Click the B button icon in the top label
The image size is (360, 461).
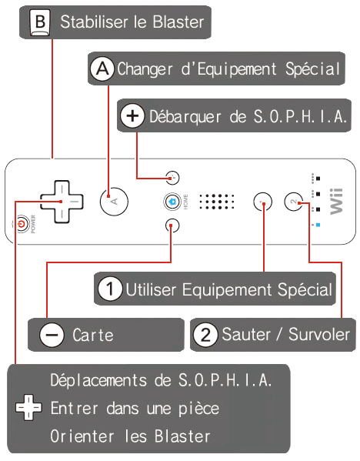[x=40, y=22]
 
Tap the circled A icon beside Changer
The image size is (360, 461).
[x=102, y=69]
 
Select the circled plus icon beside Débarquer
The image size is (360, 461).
[x=132, y=116]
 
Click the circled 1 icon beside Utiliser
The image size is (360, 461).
[x=110, y=289]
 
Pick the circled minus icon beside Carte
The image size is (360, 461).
[x=52, y=335]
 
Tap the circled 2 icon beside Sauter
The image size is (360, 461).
[x=205, y=335]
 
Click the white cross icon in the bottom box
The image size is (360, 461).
[x=28, y=407]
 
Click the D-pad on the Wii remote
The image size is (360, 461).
[x=62, y=202]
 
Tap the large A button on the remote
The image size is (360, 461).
[x=114, y=202]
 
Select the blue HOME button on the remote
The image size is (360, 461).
[x=172, y=202]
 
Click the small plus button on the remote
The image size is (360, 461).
[x=172, y=178]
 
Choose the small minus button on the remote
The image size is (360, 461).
[x=172, y=225]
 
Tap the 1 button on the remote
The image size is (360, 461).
[x=263, y=202]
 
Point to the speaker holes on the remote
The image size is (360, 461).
[x=217, y=202]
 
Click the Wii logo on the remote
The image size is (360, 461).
[x=336, y=202]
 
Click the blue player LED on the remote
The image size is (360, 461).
[x=318, y=225]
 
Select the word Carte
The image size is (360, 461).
[x=93, y=335]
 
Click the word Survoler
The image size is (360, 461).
[x=319, y=335]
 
